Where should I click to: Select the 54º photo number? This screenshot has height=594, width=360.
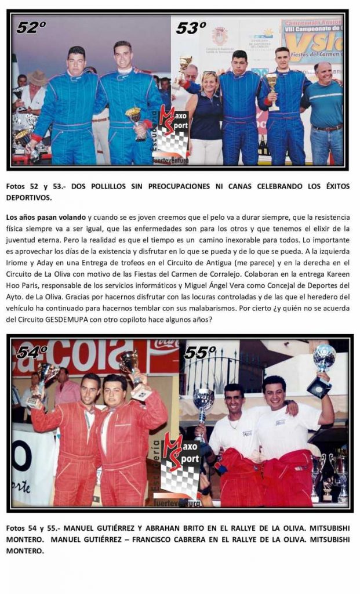point(32,352)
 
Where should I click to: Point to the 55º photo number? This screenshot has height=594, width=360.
point(200,352)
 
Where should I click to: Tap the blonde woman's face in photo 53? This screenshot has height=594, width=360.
point(209,82)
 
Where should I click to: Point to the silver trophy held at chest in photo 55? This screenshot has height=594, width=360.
point(203,400)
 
